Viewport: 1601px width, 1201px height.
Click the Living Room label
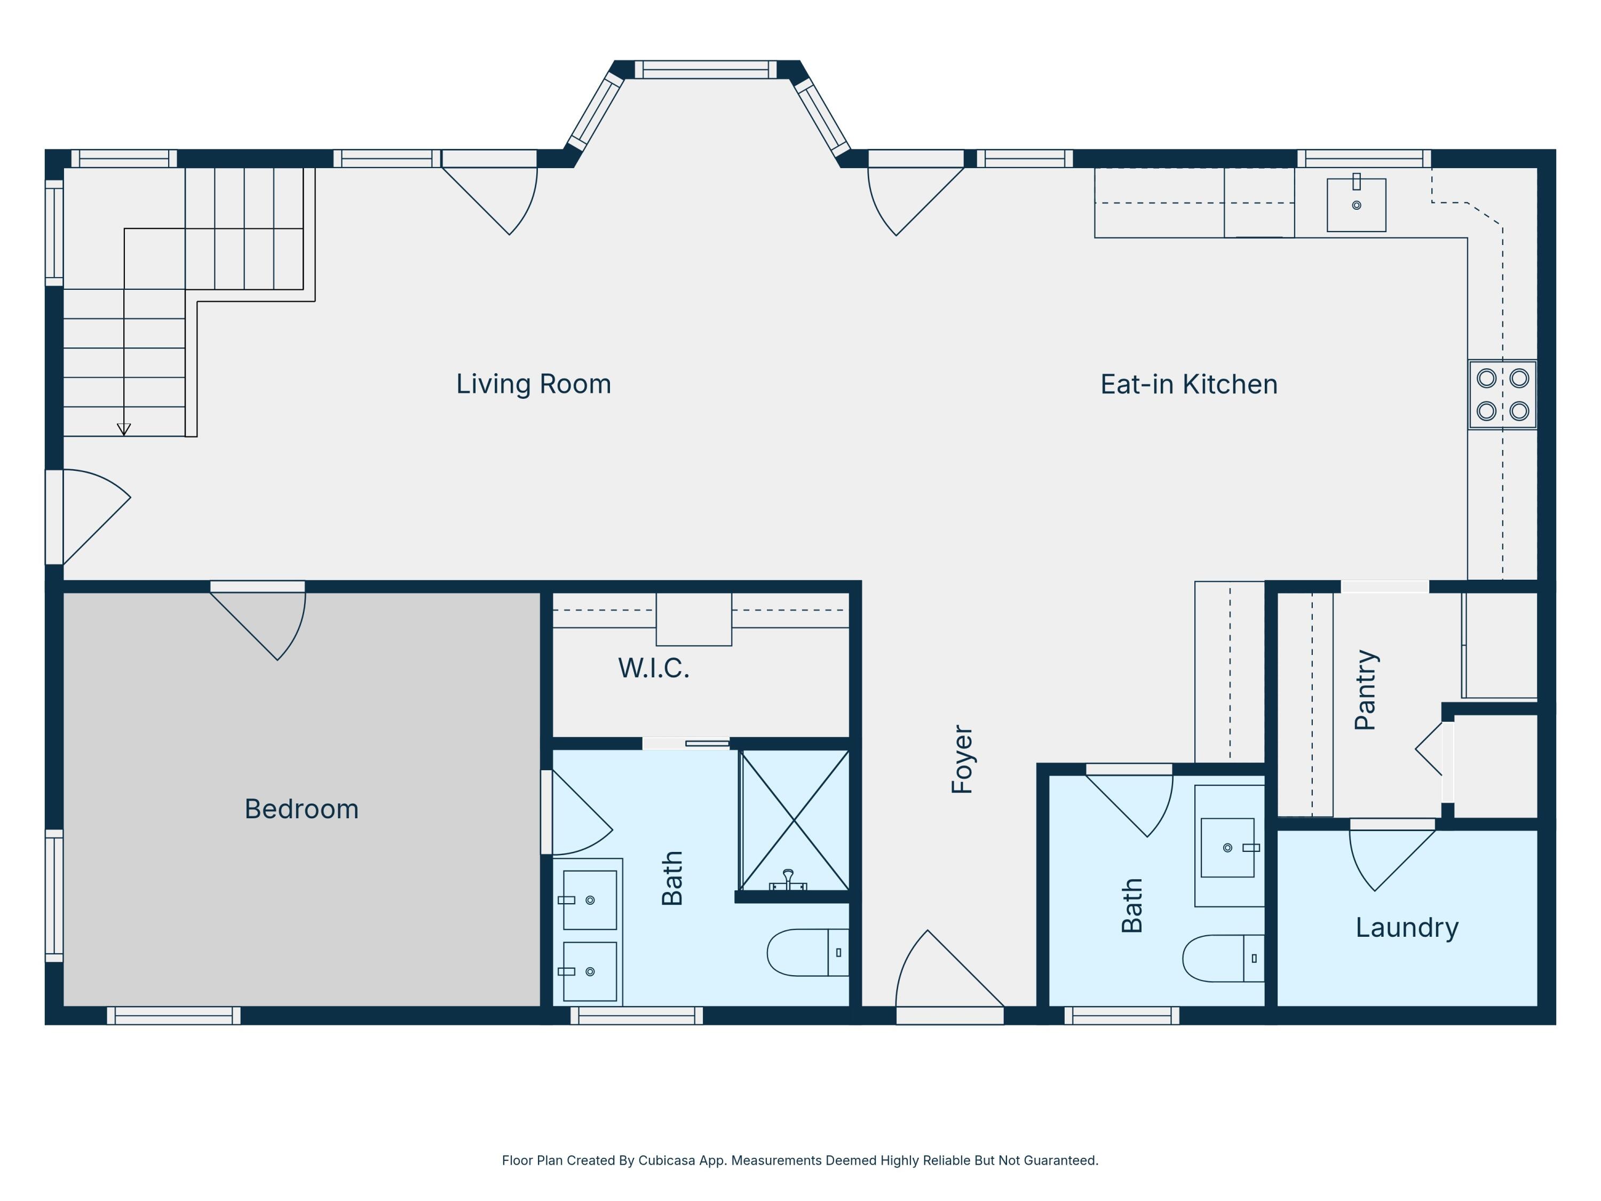pyautogui.click(x=534, y=384)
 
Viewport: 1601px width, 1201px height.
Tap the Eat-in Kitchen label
pyautogui.click(x=1188, y=384)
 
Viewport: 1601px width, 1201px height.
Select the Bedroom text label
pyautogui.click(x=301, y=809)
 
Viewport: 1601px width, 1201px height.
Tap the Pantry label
pyautogui.click(x=1366, y=690)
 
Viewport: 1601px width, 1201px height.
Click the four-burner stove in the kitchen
pyautogui.click(x=1503, y=394)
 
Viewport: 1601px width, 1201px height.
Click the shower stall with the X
pyautogui.click(x=795, y=820)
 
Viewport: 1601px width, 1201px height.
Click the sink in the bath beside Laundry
pyautogui.click(x=1227, y=848)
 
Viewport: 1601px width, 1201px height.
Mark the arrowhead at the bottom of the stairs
pyautogui.click(x=124, y=429)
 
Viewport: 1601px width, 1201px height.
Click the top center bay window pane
pyautogui.click(x=706, y=69)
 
